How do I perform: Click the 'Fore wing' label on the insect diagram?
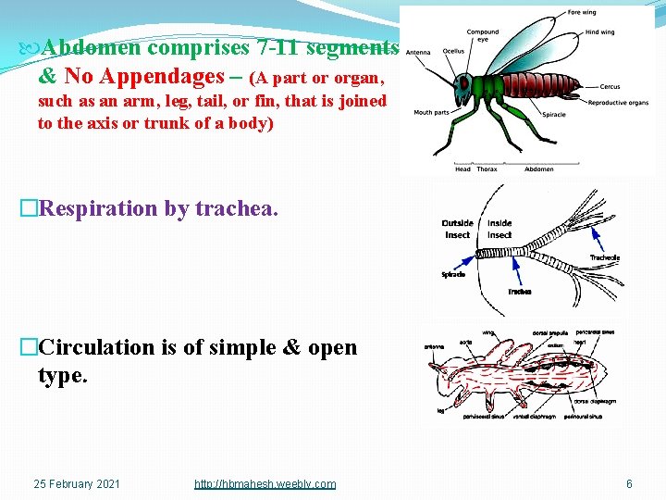pyautogui.click(x=582, y=13)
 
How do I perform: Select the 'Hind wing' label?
pyautogui.click(x=599, y=32)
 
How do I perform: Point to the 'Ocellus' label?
pyautogui.click(x=453, y=52)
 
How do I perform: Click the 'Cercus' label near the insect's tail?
pyautogui.click(x=610, y=87)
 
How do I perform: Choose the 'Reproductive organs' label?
pyautogui.click(x=618, y=103)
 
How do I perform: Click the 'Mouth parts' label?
pyautogui.click(x=431, y=113)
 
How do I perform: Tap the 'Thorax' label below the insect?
pyautogui.click(x=487, y=169)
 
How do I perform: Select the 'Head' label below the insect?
pyautogui.click(x=462, y=169)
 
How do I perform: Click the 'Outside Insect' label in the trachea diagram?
pyautogui.click(x=458, y=229)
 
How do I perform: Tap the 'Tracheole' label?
pyautogui.click(x=605, y=257)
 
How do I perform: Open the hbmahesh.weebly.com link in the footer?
pyautogui.click(x=265, y=484)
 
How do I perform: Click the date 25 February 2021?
pyautogui.click(x=77, y=484)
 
